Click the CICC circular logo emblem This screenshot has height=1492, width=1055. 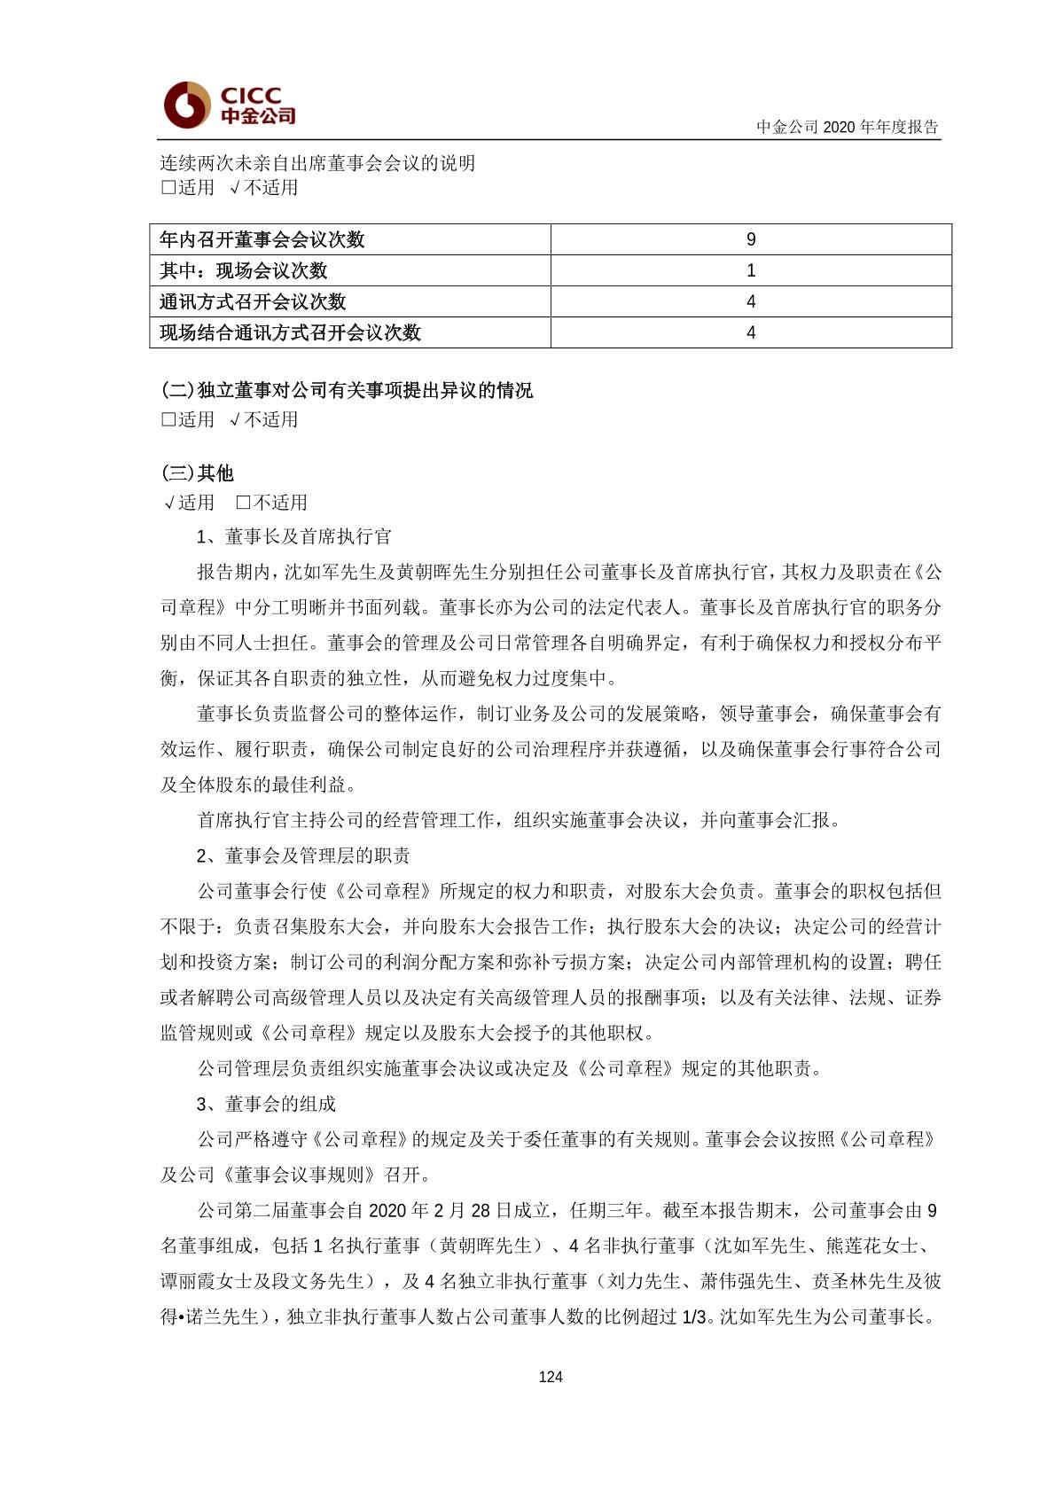click(x=186, y=105)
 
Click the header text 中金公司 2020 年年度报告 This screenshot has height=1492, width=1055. click(x=847, y=127)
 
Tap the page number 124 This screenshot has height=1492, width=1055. click(x=551, y=1377)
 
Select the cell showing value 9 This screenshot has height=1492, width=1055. click(x=751, y=239)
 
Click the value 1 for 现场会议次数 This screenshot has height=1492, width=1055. click(x=751, y=270)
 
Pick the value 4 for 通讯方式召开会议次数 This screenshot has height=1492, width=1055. click(x=751, y=301)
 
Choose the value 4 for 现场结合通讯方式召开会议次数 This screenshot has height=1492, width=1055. click(x=751, y=332)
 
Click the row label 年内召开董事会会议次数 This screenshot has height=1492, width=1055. click(x=262, y=239)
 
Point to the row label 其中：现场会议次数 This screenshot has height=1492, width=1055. click(x=244, y=270)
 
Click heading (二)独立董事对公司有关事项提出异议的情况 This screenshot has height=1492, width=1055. click(x=348, y=390)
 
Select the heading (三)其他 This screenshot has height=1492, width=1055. click(x=198, y=473)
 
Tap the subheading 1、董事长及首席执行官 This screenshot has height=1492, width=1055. click(x=293, y=536)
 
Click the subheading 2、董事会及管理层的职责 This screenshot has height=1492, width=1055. click(x=303, y=855)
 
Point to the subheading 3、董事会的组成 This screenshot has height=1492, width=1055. click(x=266, y=1104)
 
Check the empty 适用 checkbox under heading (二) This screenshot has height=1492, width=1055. click(x=168, y=420)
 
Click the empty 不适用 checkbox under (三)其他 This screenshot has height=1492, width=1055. click(x=243, y=504)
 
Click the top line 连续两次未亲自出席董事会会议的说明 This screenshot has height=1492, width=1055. click(x=317, y=163)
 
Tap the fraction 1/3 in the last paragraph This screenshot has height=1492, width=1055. click(x=694, y=1317)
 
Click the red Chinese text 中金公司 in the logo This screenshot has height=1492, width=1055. click(x=258, y=116)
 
